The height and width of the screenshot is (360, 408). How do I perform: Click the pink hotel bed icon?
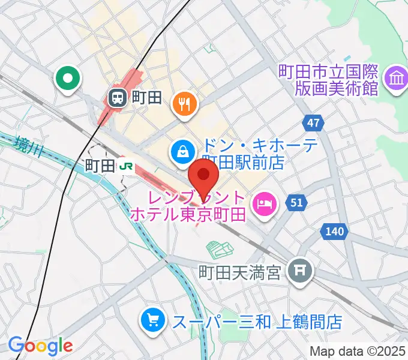coord(265,205)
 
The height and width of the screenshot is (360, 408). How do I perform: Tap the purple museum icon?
coord(396,79)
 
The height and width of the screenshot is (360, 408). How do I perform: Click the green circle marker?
coord(68,79)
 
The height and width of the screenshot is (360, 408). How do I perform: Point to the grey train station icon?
coord(116,96)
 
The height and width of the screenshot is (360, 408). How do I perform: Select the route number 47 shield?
coord(312,124)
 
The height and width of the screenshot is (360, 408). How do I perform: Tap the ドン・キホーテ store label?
coord(242,154)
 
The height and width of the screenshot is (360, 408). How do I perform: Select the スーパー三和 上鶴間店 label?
coord(257,322)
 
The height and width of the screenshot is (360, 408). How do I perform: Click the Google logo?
coord(40,346)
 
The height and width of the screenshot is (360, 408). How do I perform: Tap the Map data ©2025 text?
coord(358,350)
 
